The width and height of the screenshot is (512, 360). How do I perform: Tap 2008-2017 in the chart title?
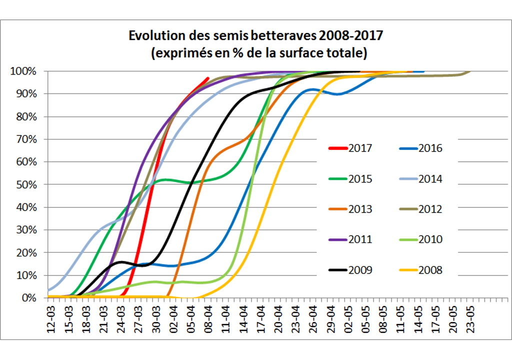pos(351,36)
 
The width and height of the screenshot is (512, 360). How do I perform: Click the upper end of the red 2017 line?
pos(208,78)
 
